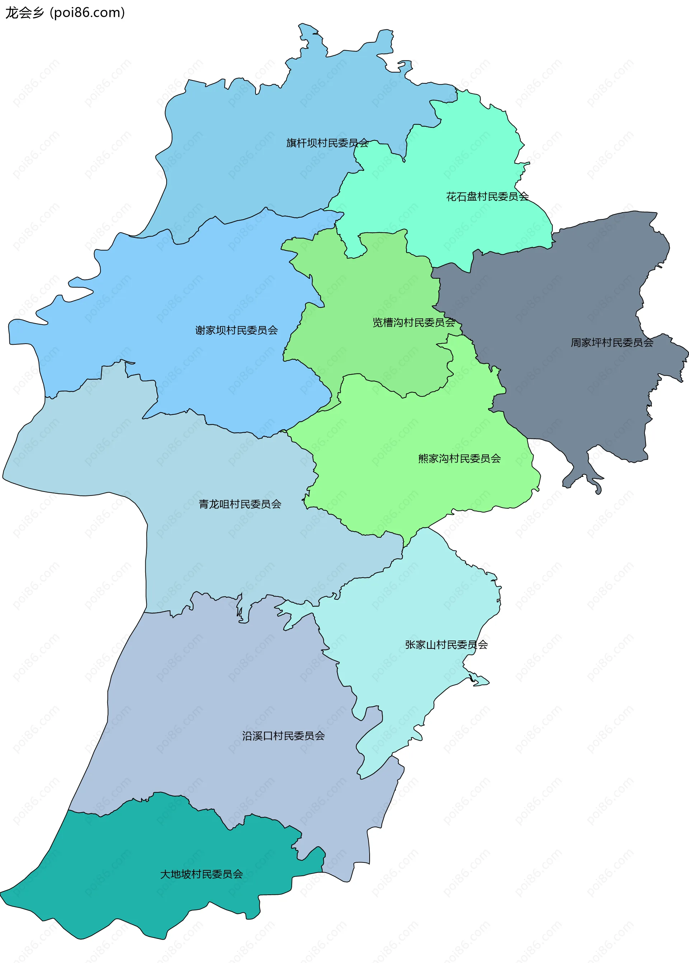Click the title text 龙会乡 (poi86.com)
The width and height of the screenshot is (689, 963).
[65, 13]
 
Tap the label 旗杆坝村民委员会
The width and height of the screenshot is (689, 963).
[327, 143]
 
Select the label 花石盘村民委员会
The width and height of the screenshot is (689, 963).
[487, 196]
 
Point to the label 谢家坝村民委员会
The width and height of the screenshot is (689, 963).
[236, 330]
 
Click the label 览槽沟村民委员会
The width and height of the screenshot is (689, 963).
[414, 322]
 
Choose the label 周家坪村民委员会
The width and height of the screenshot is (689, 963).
[611, 343]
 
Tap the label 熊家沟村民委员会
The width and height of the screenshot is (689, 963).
[459, 459]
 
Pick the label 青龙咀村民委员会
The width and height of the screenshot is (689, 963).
[240, 504]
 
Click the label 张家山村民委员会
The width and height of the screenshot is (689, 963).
[446, 645]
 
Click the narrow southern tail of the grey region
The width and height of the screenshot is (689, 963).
[583, 471]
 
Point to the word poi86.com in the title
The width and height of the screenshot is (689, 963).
[88, 13]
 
